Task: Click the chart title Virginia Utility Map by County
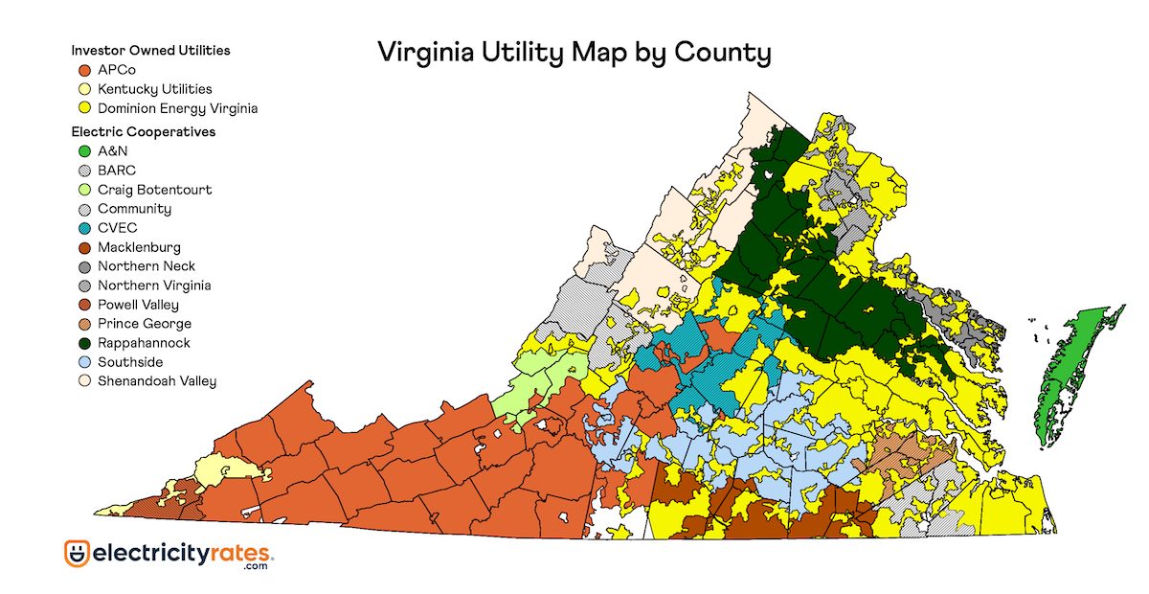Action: (x=574, y=52)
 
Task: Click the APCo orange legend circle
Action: (x=83, y=70)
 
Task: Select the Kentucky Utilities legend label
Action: (x=154, y=89)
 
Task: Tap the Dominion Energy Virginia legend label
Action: (x=177, y=108)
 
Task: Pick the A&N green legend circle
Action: (x=83, y=151)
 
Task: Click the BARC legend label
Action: (x=117, y=171)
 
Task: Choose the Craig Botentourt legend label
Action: (x=154, y=190)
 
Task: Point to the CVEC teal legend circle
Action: (x=83, y=228)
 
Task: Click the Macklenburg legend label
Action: (x=139, y=247)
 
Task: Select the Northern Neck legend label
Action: (x=146, y=266)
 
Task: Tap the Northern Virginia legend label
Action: (x=154, y=286)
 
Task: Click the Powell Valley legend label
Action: (x=138, y=305)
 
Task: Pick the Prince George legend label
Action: (x=144, y=324)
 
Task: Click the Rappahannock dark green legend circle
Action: (x=83, y=343)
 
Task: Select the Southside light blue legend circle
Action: (x=83, y=362)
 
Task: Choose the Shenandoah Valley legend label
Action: (x=157, y=381)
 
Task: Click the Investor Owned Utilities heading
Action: (x=150, y=50)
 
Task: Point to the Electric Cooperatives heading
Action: (x=143, y=131)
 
